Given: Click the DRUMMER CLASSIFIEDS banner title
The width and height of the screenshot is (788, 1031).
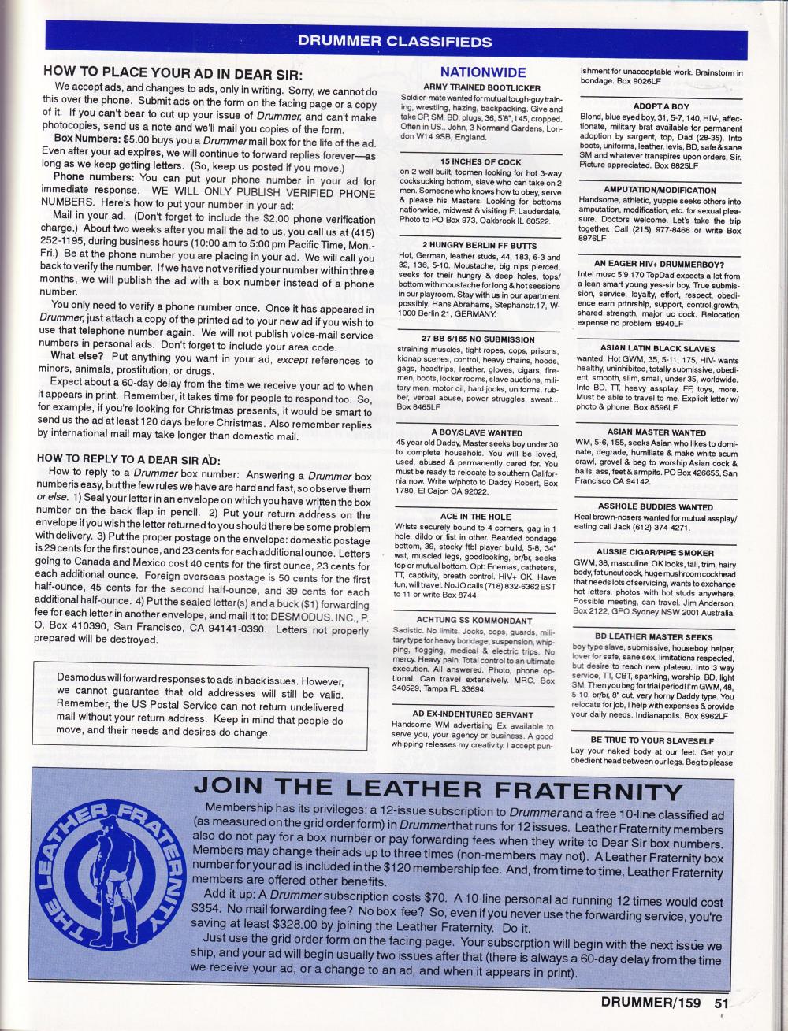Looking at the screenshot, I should coord(395,42).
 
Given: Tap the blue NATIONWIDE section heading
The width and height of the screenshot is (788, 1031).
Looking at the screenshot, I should coord(482,72).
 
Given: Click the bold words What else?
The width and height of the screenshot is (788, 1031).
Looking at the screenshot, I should coord(72,355).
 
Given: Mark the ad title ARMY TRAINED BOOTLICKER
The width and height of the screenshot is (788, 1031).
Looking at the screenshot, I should coord(482,87).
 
